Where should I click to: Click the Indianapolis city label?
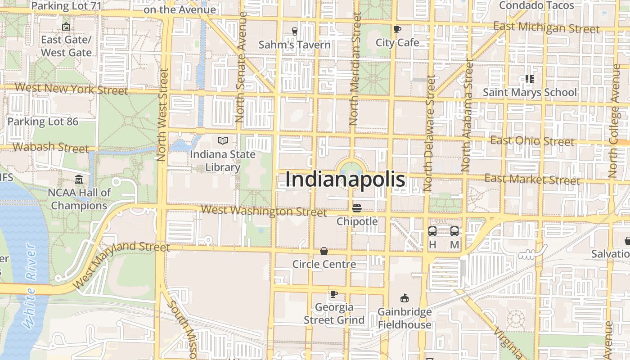click(345, 180)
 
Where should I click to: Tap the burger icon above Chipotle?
click(357, 208)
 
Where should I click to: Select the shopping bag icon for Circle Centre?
click(324, 251)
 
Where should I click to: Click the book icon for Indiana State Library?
click(223, 140)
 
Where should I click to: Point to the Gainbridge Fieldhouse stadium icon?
click(404, 298)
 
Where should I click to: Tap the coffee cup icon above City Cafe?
click(397, 30)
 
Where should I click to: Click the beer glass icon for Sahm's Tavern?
click(295, 31)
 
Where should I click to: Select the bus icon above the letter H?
click(432, 231)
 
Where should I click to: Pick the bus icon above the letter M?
click(454, 231)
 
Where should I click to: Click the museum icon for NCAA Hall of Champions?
click(79, 180)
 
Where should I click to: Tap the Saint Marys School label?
click(530, 92)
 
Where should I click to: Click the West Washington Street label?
click(264, 211)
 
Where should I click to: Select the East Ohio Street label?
click(532, 141)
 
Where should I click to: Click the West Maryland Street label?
click(121, 263)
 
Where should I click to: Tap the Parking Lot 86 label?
click(43, 121)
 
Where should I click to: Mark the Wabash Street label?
click(51, 147)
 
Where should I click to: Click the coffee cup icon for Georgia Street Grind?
click(333, 294)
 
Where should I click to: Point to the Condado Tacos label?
click(536, 5)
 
